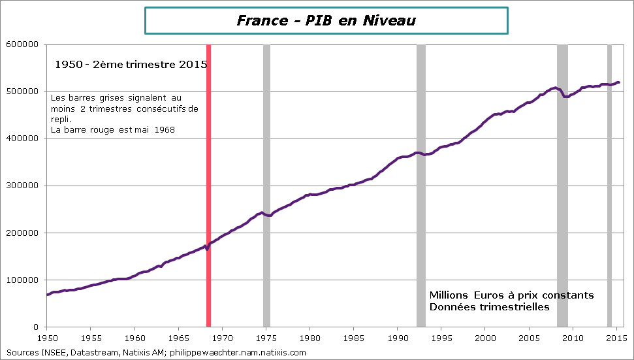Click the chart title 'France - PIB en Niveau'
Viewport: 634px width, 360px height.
pos(326,21)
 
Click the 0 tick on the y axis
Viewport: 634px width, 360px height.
pos(37,327)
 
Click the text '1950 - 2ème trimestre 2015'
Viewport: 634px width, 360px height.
pos(131,65)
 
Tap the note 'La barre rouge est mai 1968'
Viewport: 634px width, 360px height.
pos(113,129)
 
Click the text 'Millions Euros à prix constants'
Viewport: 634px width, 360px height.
pos(511,295)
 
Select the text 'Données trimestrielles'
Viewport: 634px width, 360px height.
pos(489,307)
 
